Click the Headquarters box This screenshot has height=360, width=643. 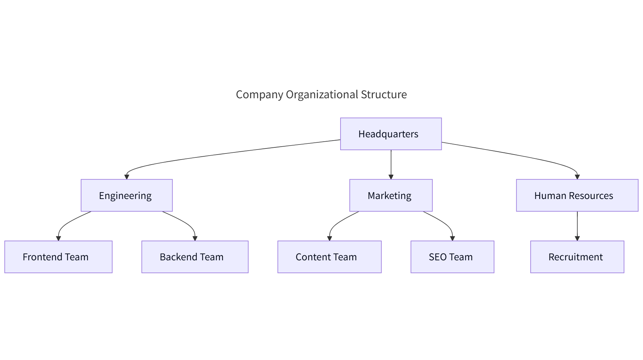click(391, 134)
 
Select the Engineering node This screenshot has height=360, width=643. click(127, 195)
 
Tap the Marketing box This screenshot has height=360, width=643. click(391, 195)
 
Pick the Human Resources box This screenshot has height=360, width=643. click(577, 195)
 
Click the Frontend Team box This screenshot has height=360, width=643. click(58, 257)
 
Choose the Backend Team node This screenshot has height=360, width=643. click(195, 257)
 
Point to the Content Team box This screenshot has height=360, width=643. click(329, 257)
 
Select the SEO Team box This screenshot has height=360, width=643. click(452, 257)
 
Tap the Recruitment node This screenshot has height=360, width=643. click(577, 257)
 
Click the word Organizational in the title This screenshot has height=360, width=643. click(322, 94)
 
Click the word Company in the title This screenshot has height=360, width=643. click(259, 94)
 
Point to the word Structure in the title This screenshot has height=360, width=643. click(384, 94)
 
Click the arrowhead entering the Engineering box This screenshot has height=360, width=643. click(127, 177)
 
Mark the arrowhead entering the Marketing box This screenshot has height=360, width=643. click(391, 177)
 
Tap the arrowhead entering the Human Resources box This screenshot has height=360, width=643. click(577, 177)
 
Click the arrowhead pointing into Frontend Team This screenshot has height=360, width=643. click(58, 238)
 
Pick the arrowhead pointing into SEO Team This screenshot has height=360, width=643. click(452, 238)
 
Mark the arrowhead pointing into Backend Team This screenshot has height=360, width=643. click(195, 238)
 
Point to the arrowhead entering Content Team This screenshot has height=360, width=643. click(329, 238)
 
